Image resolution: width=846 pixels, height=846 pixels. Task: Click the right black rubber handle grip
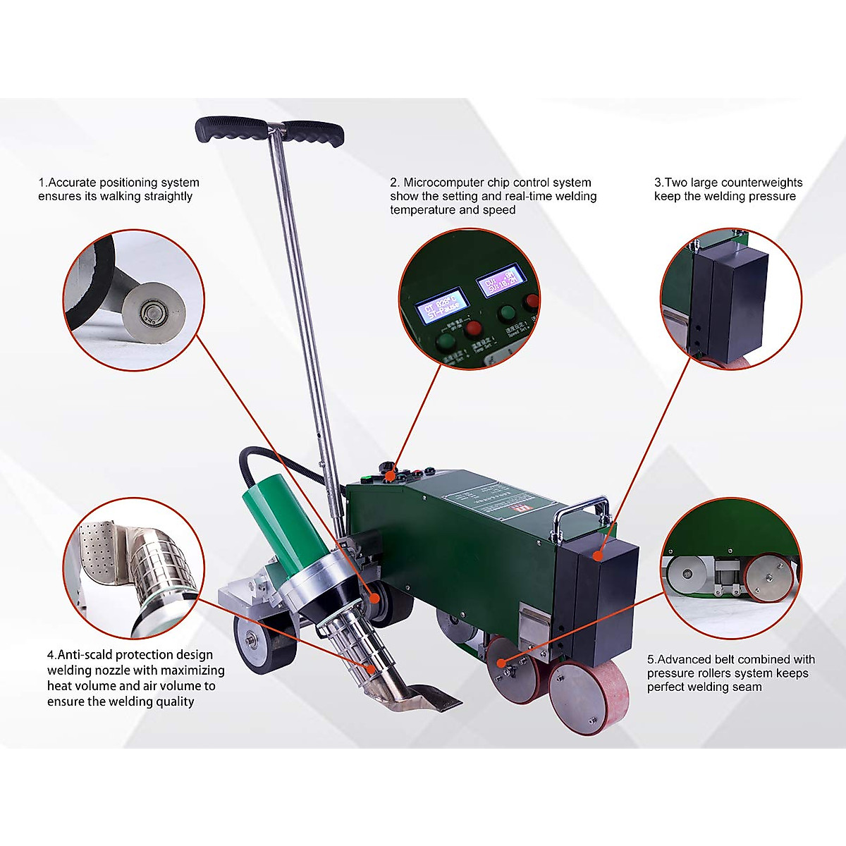tap(314, 133)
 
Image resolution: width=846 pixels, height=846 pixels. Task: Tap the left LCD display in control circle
tap(442, 304)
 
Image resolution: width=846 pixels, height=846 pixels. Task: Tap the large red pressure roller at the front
tap(588, 697)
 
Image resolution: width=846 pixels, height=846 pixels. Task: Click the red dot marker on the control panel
tap(390, 477)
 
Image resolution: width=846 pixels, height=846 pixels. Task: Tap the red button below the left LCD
tap(473, 328)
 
